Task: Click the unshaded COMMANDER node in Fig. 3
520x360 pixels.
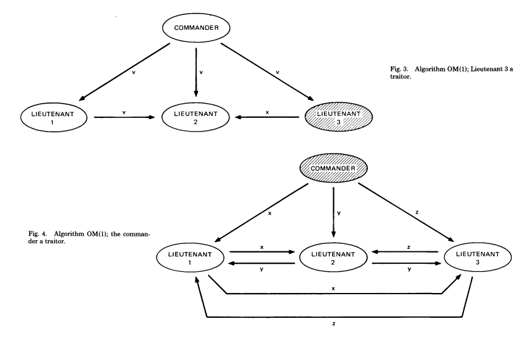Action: pyautogui.click(x=195, y=27)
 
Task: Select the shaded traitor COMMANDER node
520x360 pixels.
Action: pyautogui.click(x=334, y=168)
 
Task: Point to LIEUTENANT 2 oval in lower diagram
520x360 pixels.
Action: pyautogui.click(x=334, y=257)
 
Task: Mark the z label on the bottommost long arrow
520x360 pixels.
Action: pyautogui.click(x=334, y=324)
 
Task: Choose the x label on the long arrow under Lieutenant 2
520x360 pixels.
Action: pyautogui.click(x=334, y=288)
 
